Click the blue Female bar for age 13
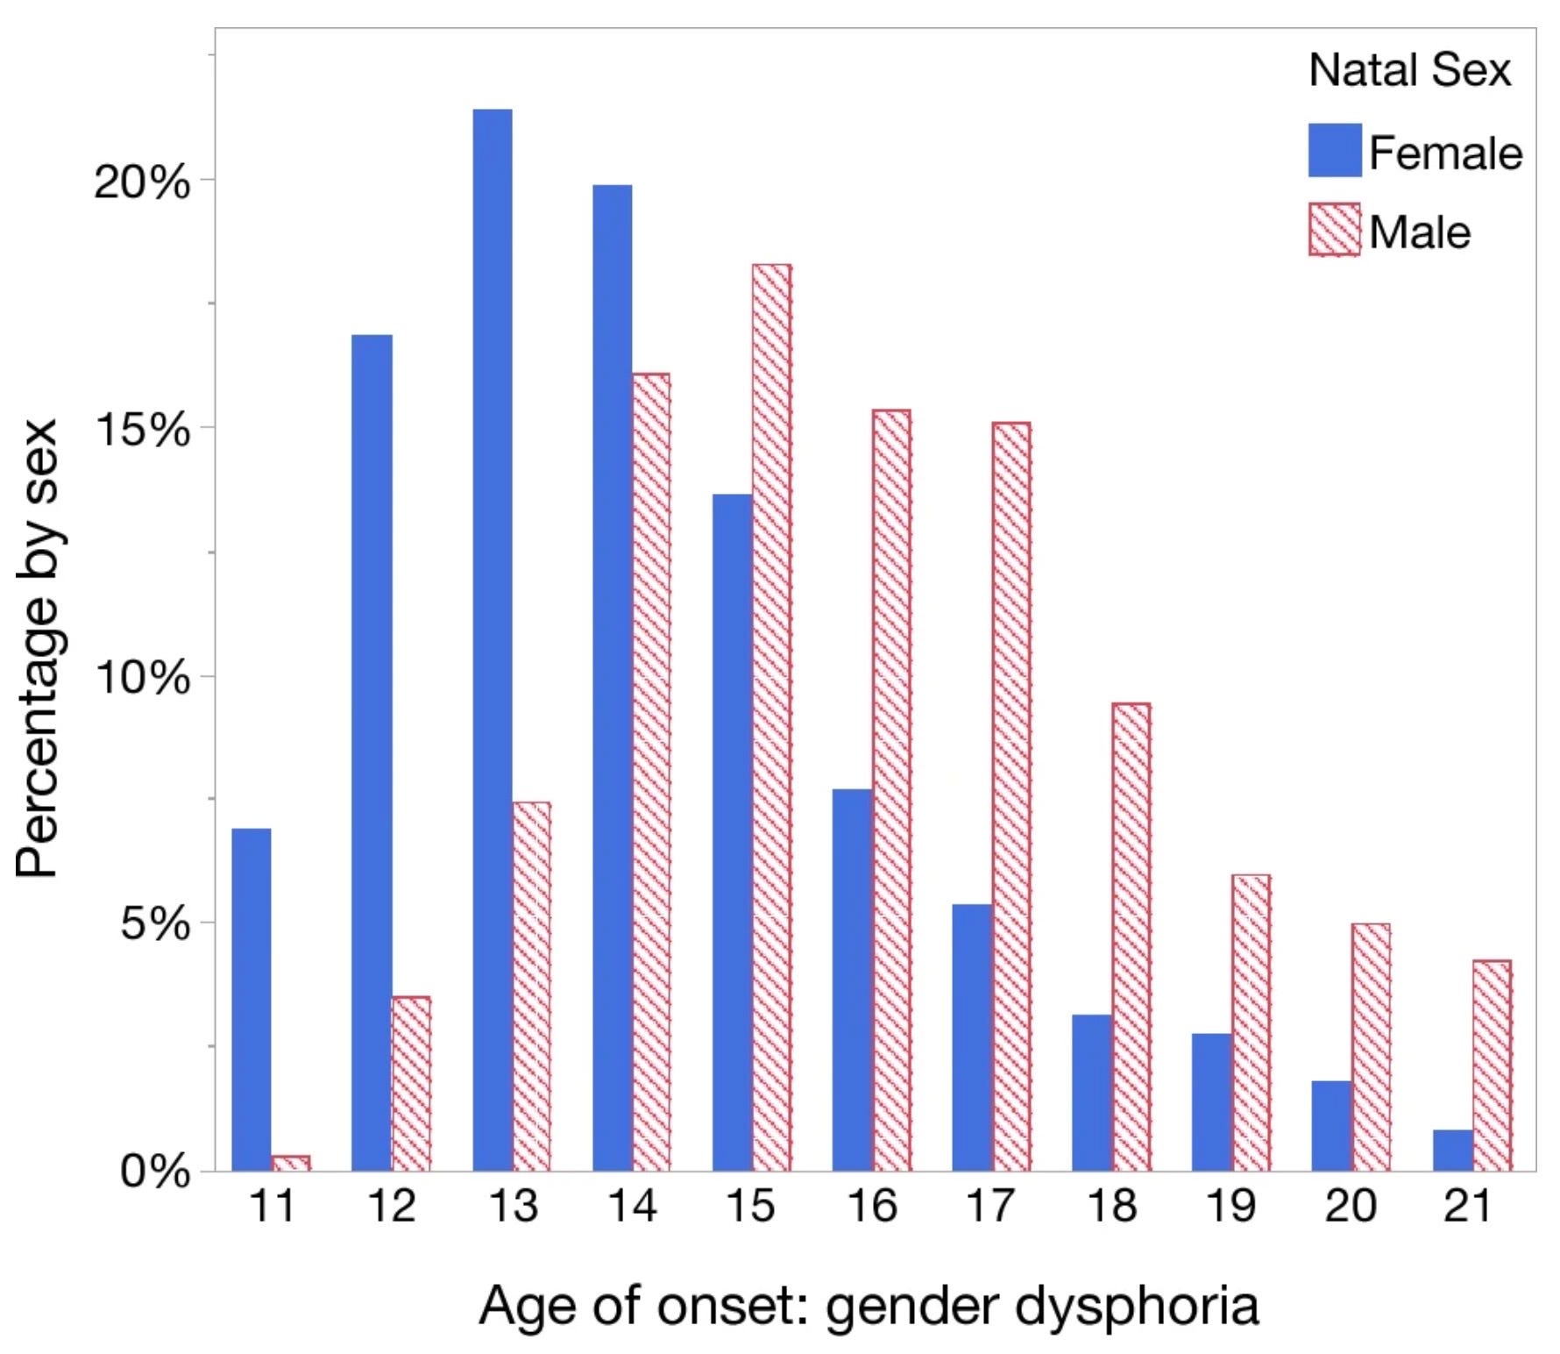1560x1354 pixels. pos(493,640)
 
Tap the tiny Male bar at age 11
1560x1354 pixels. pos(291,1163)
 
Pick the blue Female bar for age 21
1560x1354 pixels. pos(1452,1150)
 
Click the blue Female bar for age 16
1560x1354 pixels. pos(852,980)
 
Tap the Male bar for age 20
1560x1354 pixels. pos(1371,1047)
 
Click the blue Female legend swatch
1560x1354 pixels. pos(1334,150)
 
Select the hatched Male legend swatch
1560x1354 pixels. pos(1334,230)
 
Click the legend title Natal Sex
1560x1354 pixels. pos(1409,70)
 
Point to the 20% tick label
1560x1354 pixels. pos(141,182)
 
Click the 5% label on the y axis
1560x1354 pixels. pos(154,923)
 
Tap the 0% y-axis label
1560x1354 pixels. pos(154,1172)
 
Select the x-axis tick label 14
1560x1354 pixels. pos(631,1206)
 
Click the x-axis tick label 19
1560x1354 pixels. pos(1230,1206)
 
